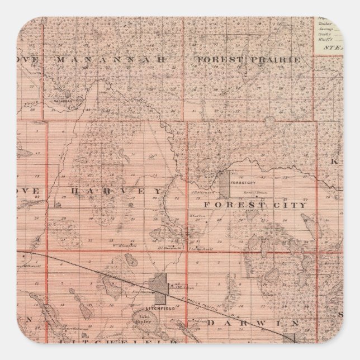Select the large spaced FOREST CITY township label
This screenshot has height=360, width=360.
coord(255,205)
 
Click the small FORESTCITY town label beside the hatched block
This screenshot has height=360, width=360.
coord(241,183)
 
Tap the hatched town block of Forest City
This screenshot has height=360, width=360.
coord(224,184)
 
